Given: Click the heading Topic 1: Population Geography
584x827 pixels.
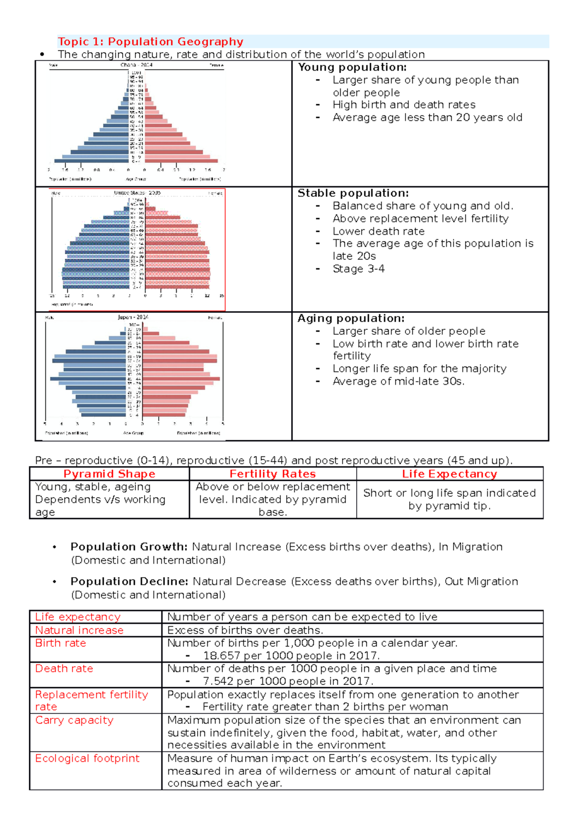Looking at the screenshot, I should click(x=150, y=42).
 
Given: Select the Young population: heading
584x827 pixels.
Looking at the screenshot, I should click(x=352, y=67).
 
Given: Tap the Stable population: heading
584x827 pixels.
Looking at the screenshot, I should click(x=353, y=193).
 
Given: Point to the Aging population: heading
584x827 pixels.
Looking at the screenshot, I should click(x=350, y=318).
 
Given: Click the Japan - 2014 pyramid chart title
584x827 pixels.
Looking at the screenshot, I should click(x=133, y=317).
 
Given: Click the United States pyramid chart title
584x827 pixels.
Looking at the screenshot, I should click(x=137, y=193).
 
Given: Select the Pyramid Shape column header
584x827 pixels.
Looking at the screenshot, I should click(x=109, y=474).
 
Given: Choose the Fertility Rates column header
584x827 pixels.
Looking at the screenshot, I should click(x=273, y=474).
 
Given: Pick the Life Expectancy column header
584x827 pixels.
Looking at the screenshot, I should click(x=449, y=474).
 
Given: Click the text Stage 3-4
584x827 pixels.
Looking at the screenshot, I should click(x=358, y=269).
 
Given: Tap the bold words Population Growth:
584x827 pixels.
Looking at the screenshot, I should click(x=129, y=546).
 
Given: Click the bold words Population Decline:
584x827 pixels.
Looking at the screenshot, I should click(x=129, y=581).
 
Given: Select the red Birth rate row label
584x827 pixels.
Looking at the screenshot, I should click(x=60, y=643).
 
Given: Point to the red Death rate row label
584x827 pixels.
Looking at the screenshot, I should click(x=64, y=669).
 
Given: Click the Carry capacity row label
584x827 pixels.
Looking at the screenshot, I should click(x=74, y=720).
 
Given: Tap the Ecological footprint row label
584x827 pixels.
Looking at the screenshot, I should click(x=87, y=758).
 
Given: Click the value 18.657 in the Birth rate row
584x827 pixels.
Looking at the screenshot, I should click(x=221, y=656).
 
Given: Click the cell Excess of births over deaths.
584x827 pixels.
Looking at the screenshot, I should click(x=245, y=630).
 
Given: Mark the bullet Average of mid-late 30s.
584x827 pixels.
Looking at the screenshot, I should click(x=398, y=381).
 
